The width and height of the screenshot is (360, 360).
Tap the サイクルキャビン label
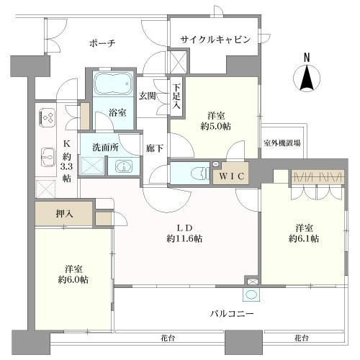(x=216, y=40)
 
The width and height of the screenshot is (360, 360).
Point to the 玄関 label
(x=148, y=95)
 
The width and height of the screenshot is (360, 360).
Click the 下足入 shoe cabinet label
(x=177, y=96)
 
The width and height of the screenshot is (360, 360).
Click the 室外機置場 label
(x=282, y=143)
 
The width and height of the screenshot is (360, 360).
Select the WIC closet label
(x=230, y=176)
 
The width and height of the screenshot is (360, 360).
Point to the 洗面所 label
(x=105, y=147)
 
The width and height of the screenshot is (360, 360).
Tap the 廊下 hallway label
(x=153, y=148)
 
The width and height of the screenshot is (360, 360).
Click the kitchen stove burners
(x=49, y=115)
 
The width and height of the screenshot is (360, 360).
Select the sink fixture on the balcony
(x=252, y=294)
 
